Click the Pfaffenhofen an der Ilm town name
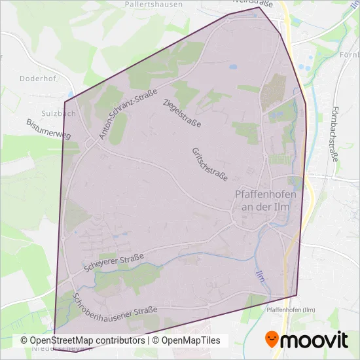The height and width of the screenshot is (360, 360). pyautogui.click(x=265, y=200)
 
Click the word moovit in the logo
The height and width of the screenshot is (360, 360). pyautogui.click(x=315, y=340)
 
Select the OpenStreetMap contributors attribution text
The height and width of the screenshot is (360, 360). pyautogui.click(x=82, y=340)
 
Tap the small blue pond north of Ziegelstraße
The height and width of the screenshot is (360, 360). pyautogui.click(x=232, y=66)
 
